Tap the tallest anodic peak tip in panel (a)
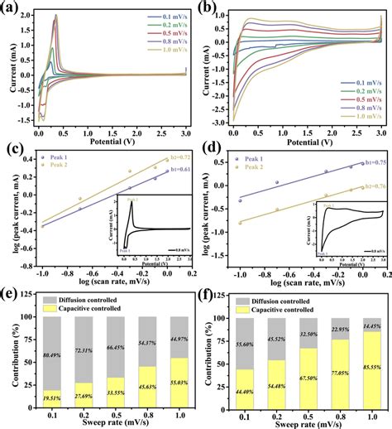tap(56, 15)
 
